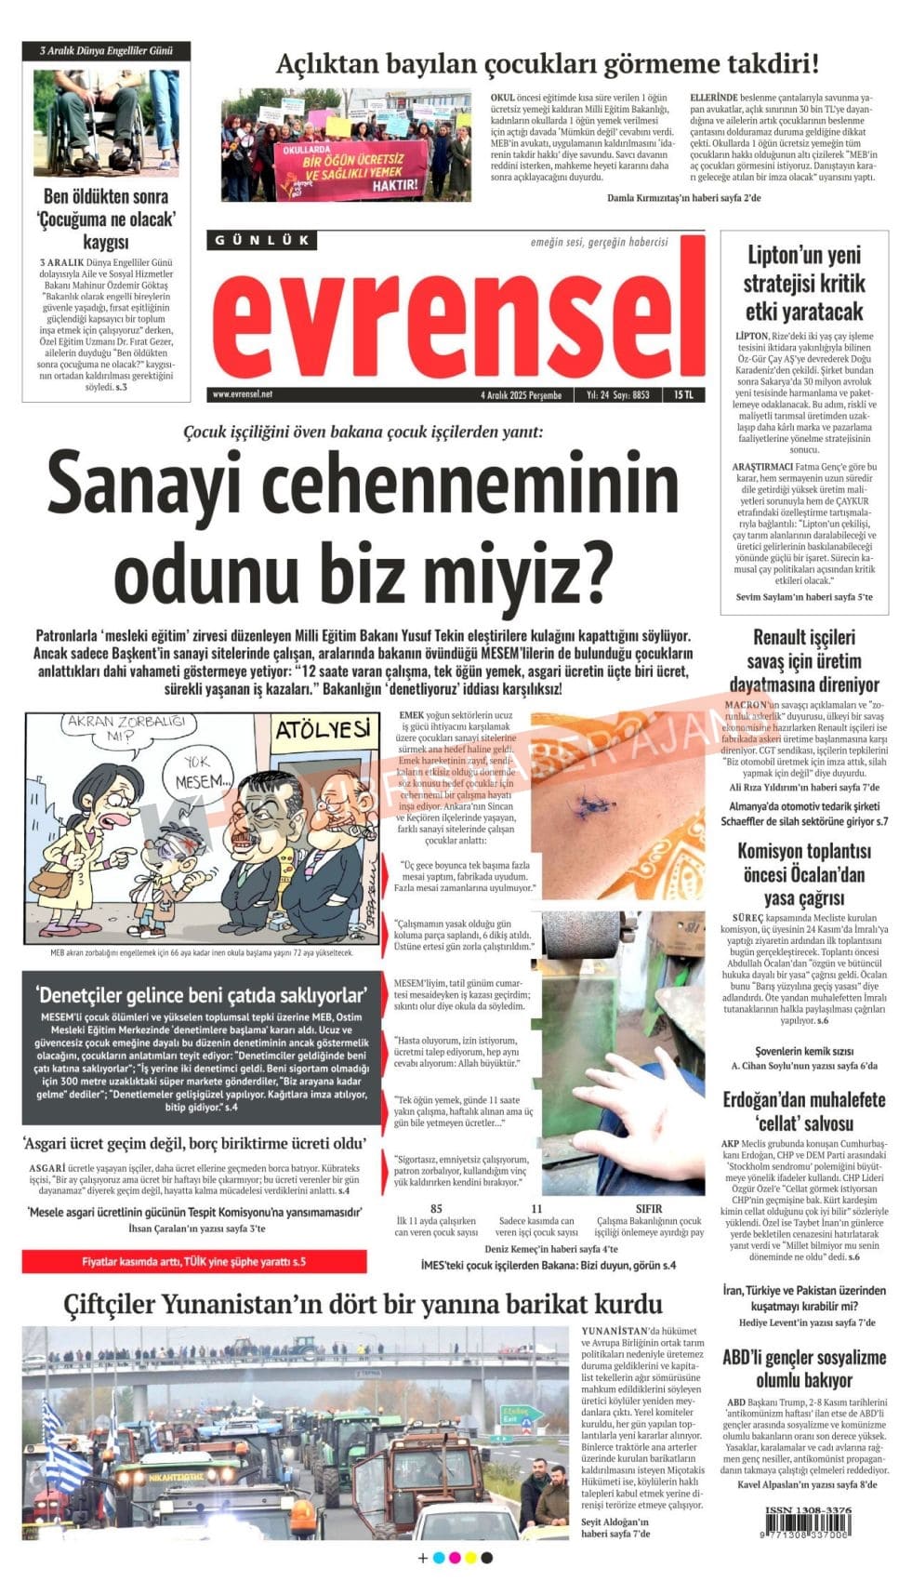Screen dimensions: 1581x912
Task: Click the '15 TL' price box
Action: point(683,394)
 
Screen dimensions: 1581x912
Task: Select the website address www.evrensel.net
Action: point(243,394)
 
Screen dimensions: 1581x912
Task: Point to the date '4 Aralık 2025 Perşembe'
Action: point(521,394)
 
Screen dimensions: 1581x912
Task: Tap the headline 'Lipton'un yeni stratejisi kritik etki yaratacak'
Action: point(804,283)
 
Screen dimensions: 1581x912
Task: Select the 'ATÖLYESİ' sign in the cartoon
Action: point(323,729)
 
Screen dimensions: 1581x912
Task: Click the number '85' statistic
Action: point(436,1209)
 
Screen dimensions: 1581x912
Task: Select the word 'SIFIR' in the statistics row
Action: point(649,1209)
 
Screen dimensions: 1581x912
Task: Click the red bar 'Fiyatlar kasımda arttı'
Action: point(193,1262)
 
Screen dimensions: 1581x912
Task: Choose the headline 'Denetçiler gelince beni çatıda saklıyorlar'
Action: point(201,994)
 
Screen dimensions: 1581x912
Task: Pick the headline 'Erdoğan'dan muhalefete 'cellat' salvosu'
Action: point(804,1110)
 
